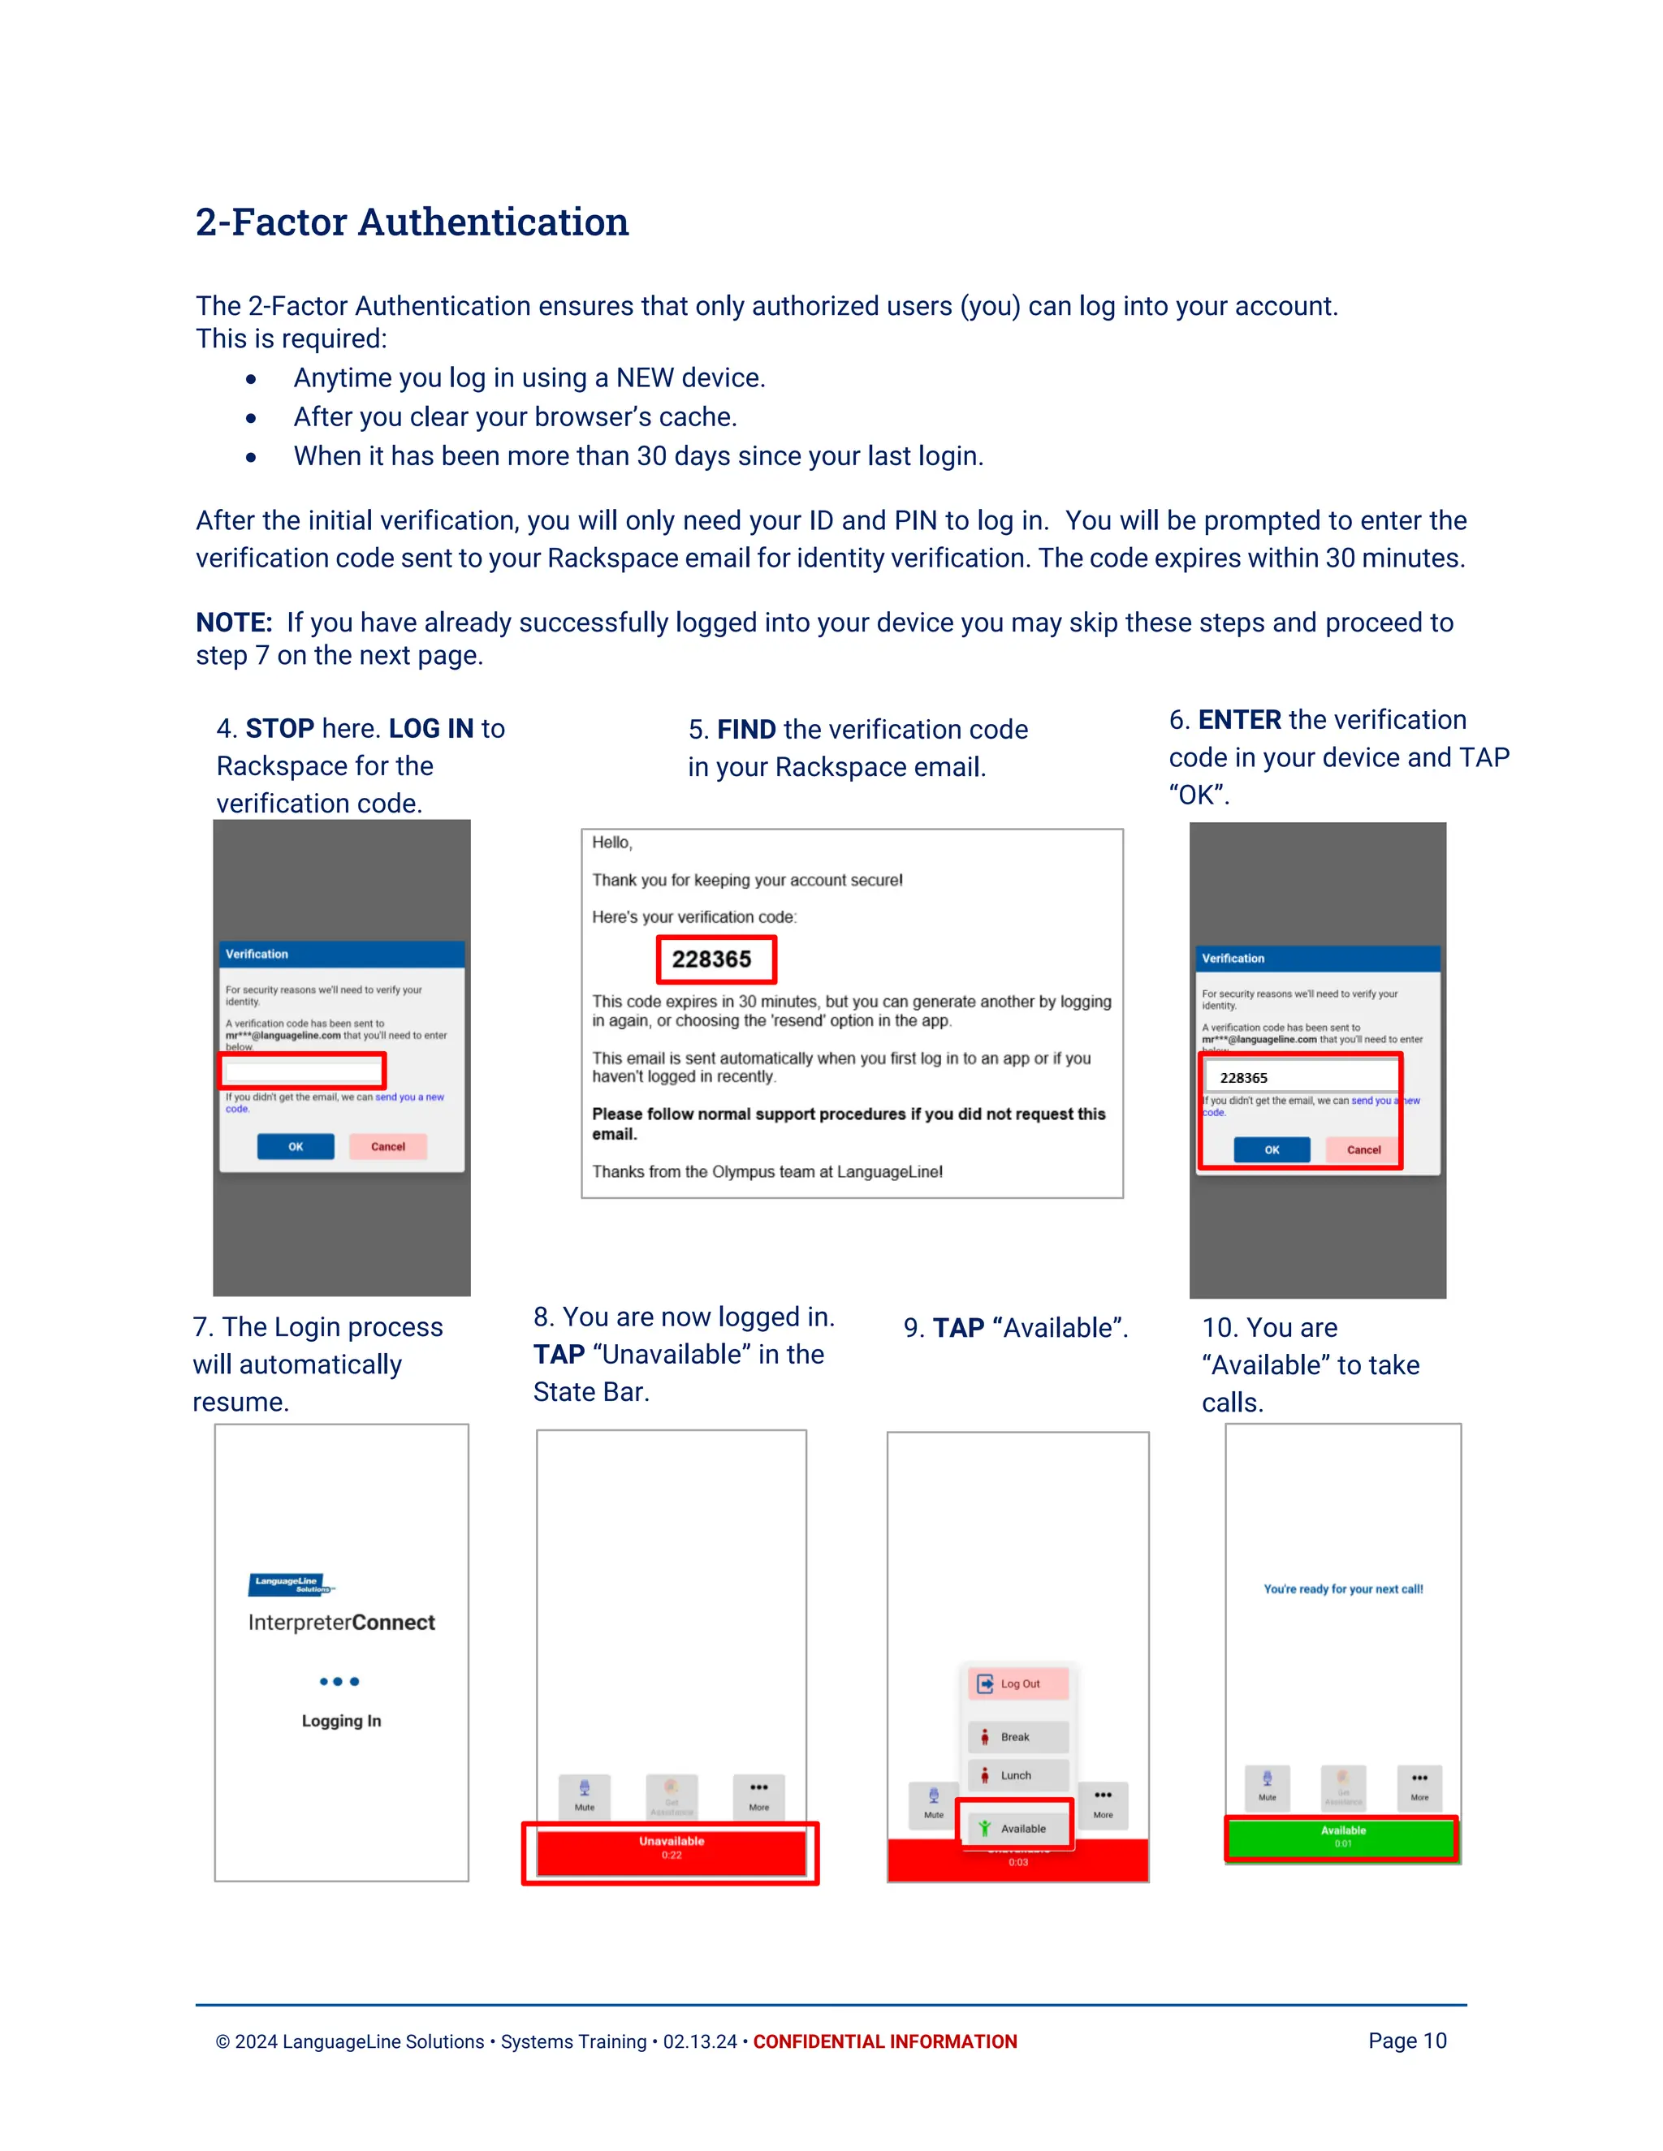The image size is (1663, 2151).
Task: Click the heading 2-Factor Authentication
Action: pyautogui.click(x=412, y=222)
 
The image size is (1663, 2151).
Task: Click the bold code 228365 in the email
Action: pyautogui.click(x=711, y=959)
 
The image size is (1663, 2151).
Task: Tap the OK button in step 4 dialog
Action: pyautogui.click(x=296, y=1146)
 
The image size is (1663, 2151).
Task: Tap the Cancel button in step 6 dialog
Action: pyautogui.click(x=1363, y=1149)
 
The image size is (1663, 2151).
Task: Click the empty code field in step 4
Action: pyautogui.click(x=301, y=1071)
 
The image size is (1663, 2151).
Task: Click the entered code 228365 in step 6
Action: pyautogui.click(x=1244, y=1077)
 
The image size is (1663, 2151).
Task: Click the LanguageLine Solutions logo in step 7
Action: pyautogui.click(x=291, y=1584)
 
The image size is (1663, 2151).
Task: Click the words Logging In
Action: pyautogui.click(x=341, y=1721)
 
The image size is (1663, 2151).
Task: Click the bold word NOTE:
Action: pyautogui.click(x=234, y=623)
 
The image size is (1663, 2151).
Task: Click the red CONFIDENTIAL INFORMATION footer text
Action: pyautogui.click(x=885, y=2041)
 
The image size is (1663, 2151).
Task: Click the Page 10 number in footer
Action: pyautogui.click(x=1407, y=2041)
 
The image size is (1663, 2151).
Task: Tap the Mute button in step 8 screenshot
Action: pyautogui.click(x=584, y=1795)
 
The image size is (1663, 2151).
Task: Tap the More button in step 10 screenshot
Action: pyautogui.click(x=1419, y=1786)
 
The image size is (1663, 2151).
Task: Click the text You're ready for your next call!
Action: pyautogui.click(x=1343, y=1588)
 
